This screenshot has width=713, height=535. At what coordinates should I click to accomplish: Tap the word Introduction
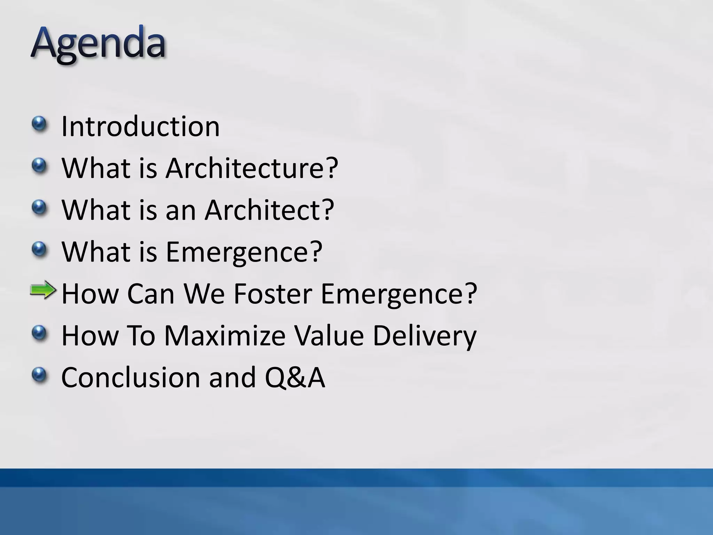(140, 126)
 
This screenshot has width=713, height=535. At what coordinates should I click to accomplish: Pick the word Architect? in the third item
(269, 210)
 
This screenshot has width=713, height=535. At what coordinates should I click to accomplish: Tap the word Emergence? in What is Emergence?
(244, 251)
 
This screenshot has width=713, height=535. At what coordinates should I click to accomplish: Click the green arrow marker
(43, 290)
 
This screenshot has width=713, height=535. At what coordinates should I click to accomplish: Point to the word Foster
(272, 294)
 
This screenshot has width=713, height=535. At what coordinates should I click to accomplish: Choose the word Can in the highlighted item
(150, 294)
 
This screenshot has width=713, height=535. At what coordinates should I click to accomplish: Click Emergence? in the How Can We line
(399, 294)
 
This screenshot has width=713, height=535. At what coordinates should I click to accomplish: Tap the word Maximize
(224, 335)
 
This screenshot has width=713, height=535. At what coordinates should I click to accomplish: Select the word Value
(329, 335)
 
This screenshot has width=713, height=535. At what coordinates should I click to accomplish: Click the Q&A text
(295, 377)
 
